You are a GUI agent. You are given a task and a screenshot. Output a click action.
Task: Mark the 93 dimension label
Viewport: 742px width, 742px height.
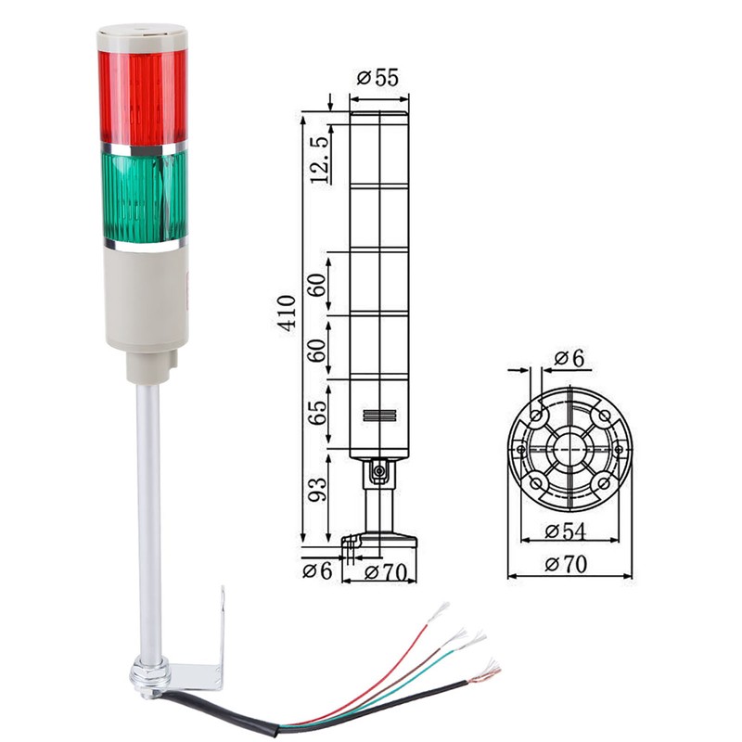[318, 489]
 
